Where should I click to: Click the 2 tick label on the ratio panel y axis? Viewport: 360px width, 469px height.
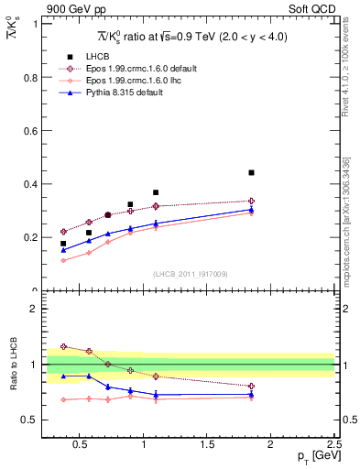tap(35, 309)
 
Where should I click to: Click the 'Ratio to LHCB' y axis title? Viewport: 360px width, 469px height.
tap(13, 364)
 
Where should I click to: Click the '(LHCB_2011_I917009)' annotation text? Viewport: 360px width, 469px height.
tap(191, 274)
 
